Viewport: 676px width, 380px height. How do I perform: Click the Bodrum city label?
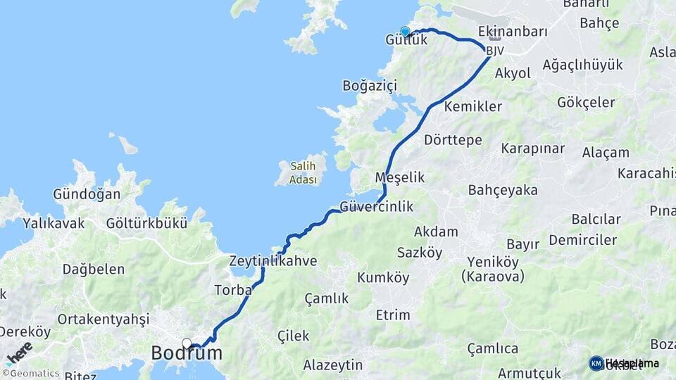187,353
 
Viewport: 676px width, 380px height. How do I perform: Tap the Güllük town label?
406,41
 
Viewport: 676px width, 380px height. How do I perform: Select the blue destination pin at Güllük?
405,31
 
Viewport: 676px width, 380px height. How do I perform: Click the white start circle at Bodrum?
187,343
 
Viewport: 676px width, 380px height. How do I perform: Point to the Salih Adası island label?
301,172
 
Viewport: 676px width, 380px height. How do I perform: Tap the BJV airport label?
495,51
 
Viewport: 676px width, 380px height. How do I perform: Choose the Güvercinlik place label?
376,207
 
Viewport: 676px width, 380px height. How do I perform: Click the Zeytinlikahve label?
273,261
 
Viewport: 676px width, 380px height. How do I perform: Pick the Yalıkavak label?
54,224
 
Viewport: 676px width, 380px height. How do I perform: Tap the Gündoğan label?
87,194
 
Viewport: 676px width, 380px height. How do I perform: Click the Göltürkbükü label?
146,224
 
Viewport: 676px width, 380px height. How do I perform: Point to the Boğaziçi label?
370,85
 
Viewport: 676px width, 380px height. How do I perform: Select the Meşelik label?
400,177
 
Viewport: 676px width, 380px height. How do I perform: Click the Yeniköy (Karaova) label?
493,269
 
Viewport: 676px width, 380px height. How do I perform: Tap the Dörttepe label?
453,140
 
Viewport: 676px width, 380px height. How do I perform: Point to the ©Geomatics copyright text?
31,374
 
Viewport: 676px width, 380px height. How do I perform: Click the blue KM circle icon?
596,363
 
